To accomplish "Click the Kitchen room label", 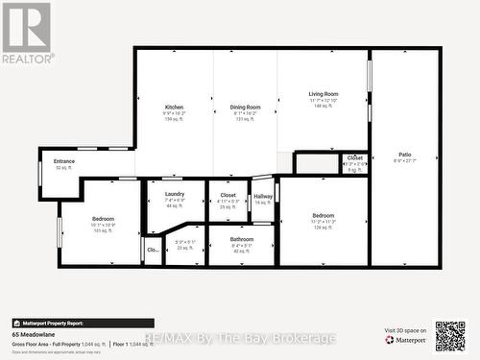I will click(x=174, y=107).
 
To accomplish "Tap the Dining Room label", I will click(x=246, y=107).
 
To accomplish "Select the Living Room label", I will click(x=324, y=94).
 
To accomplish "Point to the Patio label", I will click(x=405, y=155).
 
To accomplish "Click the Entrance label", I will click(x=64, y=161).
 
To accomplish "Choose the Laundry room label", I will click(x=175, y=194).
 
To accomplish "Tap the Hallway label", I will click(x=263, y=196).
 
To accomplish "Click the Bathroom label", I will click(x=242, y=239).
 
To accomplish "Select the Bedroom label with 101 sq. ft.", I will click(x=103, y=219).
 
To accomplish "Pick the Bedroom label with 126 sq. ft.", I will click(x=324, y=215).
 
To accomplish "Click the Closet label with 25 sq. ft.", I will click(x=228, y=195).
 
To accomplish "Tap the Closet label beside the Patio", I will click(x=355, y=157).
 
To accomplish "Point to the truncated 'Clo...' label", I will click(x=153, y=250).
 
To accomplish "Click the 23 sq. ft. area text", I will click(x=185, y=248).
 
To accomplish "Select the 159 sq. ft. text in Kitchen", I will click(x=174, y=119).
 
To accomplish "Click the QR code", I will click(x=449, y=336).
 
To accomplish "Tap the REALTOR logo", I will click(x=26, y=33).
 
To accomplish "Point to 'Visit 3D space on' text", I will click(x=405, y=330).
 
